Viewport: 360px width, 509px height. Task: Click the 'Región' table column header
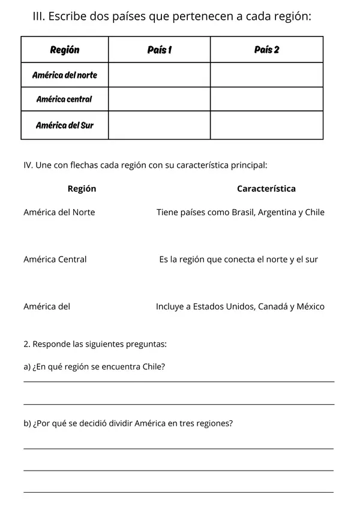tap(65, 50)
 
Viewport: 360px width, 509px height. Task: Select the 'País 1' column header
tap(159, 50)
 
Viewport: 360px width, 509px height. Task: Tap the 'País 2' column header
tap(266, 50)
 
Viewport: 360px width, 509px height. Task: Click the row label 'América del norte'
tap(65, 75)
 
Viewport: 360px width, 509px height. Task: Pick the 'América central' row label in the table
tap(65, 99)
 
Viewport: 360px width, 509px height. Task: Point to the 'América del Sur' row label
tap(65, 125)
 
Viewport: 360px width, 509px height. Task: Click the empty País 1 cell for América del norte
tap(159, 75)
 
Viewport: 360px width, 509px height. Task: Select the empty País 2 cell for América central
tap(266, 99)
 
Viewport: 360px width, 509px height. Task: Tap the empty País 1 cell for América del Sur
tap(159, 125)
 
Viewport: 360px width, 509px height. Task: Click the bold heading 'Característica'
tap(266, 189)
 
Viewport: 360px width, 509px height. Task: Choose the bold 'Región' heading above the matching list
tap(82, 189)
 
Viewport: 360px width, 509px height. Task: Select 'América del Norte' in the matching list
tap(59, 212)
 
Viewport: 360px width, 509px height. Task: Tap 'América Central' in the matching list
tap(55, 260)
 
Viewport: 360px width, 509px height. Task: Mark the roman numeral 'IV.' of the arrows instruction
tap(28, 164)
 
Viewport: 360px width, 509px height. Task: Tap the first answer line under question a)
tap(179, 381)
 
